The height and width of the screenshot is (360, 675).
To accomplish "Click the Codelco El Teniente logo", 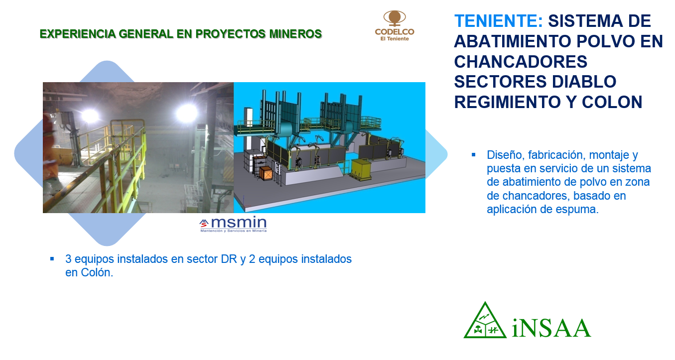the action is pos(395,25).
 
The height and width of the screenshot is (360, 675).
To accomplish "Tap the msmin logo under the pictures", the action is pos(233,225).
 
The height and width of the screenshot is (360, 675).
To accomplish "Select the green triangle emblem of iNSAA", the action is pos(485,321).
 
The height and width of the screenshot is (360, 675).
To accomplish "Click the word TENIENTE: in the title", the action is pos(499,21).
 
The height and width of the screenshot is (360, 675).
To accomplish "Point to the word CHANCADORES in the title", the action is pos(521,62).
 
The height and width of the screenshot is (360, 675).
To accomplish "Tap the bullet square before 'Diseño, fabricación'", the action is pos(473,155).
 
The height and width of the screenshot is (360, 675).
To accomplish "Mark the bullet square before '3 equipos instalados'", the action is pos(52,259).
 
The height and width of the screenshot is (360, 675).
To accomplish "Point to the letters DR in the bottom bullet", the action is pos(229,259).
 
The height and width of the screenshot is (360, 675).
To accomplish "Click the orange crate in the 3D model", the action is pos(266,173).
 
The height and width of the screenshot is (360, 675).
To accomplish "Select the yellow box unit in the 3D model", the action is pos(362,170).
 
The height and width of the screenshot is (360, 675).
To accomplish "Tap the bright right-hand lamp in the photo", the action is pos(186,113).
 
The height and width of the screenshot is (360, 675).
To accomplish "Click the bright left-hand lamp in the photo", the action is pos(90,116).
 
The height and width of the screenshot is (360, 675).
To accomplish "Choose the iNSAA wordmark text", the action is pos(551,328).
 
